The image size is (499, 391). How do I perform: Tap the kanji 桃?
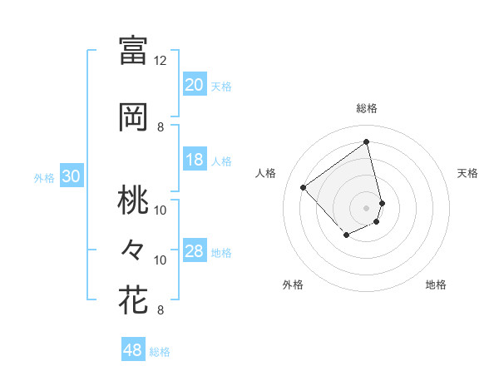(133, 200)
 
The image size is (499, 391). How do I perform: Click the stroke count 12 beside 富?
(160, 61)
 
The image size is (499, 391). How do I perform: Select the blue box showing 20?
(195, 85)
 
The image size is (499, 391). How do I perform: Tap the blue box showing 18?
(195, 161)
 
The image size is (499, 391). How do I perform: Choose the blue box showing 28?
(195, 252)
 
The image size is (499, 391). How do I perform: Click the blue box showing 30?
(71, 176)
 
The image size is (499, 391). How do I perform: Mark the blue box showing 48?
(133, 350)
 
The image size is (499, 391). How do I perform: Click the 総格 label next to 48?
(160, 352)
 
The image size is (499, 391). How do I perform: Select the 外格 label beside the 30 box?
(43, 178)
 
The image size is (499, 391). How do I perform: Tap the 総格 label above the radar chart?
(367, 108)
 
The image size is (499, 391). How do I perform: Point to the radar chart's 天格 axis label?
(467, 173)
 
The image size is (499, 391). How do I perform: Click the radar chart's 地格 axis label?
(436, 285)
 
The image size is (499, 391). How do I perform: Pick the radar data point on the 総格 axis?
(367, 141)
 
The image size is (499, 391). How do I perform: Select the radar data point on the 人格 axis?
(304, 187)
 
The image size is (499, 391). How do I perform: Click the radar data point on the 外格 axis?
(346, 236)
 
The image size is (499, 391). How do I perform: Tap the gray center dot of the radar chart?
(367, 207)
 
